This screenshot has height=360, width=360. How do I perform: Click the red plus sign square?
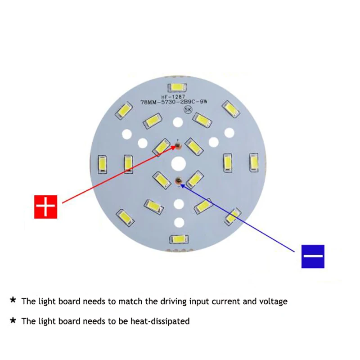(x=46, y=207)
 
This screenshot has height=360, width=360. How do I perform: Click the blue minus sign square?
(x=313, y=256)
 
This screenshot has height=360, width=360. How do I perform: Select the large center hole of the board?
(x=179, y=162)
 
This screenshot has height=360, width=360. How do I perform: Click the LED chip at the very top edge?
(x=178, y=87)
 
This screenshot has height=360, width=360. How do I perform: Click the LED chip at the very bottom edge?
(x=179, y=239)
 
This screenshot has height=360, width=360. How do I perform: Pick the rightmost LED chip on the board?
(x=254, y=162)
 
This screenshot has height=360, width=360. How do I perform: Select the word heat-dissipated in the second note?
(x=160, y=321)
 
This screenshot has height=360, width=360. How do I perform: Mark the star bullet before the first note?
(x=13, y=300)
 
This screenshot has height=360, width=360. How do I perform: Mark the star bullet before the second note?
(x=13, y=320)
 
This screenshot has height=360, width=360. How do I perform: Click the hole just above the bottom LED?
(x=179, y=222)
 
